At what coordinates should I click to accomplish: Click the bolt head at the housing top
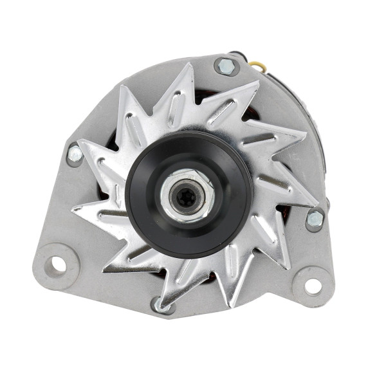click(x=226, y=66)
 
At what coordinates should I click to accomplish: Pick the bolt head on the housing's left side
click(x=76, y=154)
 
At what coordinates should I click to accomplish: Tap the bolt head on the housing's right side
click(x=315, y=219)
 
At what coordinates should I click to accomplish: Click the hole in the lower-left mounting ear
click(x=57, y=263)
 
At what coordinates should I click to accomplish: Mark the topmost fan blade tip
click(x=190, y=64)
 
